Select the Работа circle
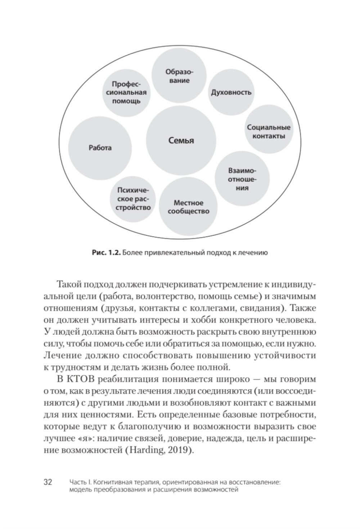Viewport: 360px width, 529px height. [100, 148]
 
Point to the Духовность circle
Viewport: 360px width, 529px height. [231, 92]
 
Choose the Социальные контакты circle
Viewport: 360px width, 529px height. [269, 132]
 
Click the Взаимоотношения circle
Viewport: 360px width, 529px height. [243, 179]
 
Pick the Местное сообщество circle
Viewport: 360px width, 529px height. [188, 207]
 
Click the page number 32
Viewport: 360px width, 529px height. [48, 482]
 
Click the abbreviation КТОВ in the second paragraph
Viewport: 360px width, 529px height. [79, 379]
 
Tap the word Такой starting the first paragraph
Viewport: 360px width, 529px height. [69, 284]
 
